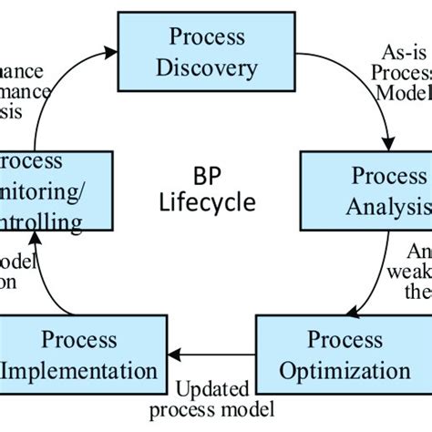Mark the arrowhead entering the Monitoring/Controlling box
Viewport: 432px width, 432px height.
click(35, 239)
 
